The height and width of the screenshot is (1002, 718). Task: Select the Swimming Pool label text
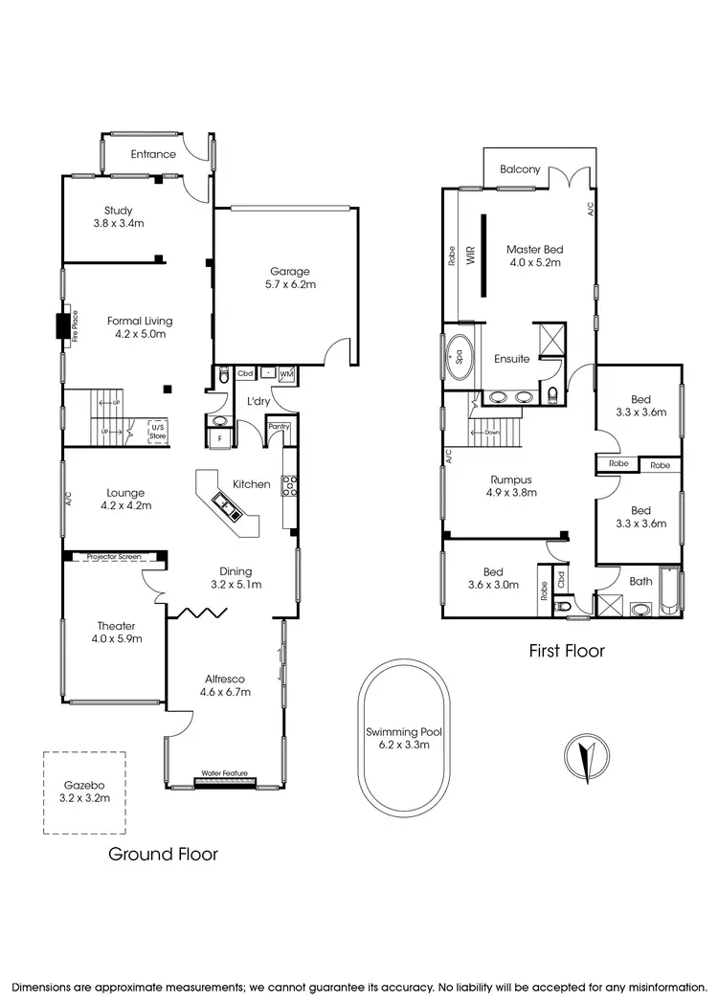[403, 733]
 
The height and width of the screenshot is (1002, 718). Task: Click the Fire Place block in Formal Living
[63, 326]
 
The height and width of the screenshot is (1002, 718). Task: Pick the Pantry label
[280, 427]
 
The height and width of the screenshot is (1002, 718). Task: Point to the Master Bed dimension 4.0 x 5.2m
[533, 261]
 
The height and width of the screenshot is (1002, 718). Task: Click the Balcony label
[520, 169]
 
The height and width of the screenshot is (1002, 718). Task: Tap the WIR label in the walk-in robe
[471, 258]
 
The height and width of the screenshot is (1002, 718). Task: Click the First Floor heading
[567, 652]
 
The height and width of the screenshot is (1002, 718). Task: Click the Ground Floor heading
[162, 854]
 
